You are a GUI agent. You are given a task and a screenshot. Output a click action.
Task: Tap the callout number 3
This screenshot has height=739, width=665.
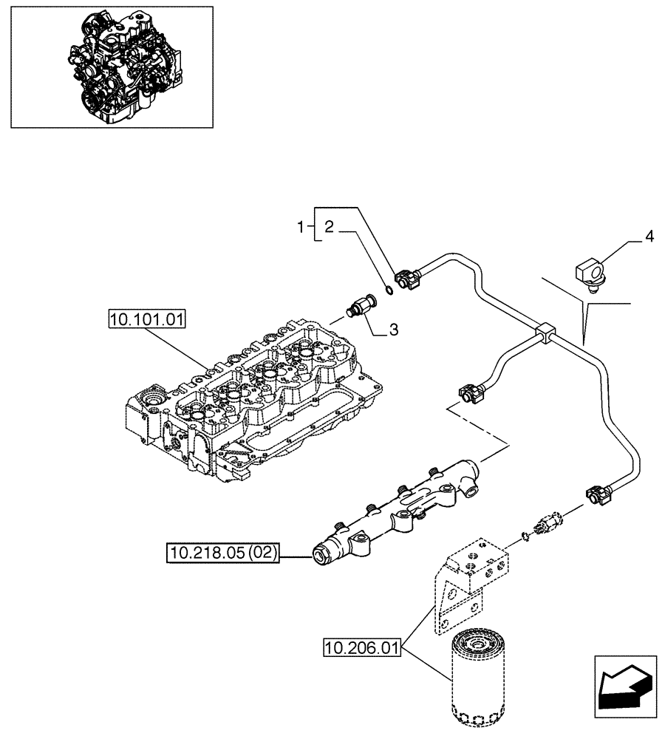393,330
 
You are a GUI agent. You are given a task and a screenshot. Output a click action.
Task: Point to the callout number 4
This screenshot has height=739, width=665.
649,237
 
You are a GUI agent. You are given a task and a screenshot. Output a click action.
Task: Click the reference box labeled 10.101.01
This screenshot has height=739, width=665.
147,320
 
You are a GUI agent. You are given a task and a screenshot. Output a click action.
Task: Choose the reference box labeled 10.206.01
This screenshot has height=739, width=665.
361,650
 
